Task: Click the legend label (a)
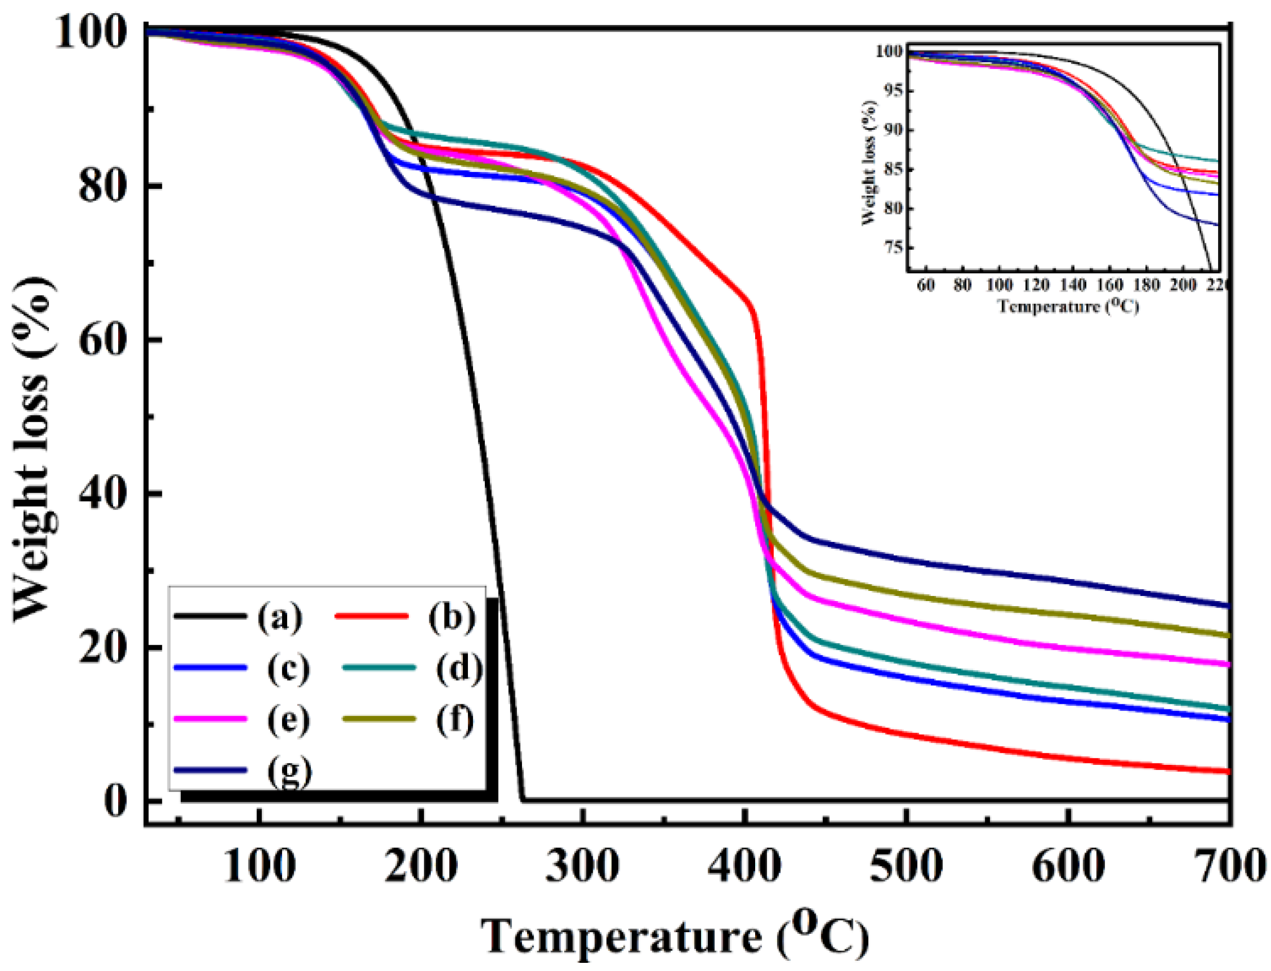280,617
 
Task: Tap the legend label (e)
288,720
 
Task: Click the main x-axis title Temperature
622,936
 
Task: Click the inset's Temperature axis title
1067,306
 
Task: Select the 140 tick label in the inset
1072,285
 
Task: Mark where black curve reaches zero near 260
523,801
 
